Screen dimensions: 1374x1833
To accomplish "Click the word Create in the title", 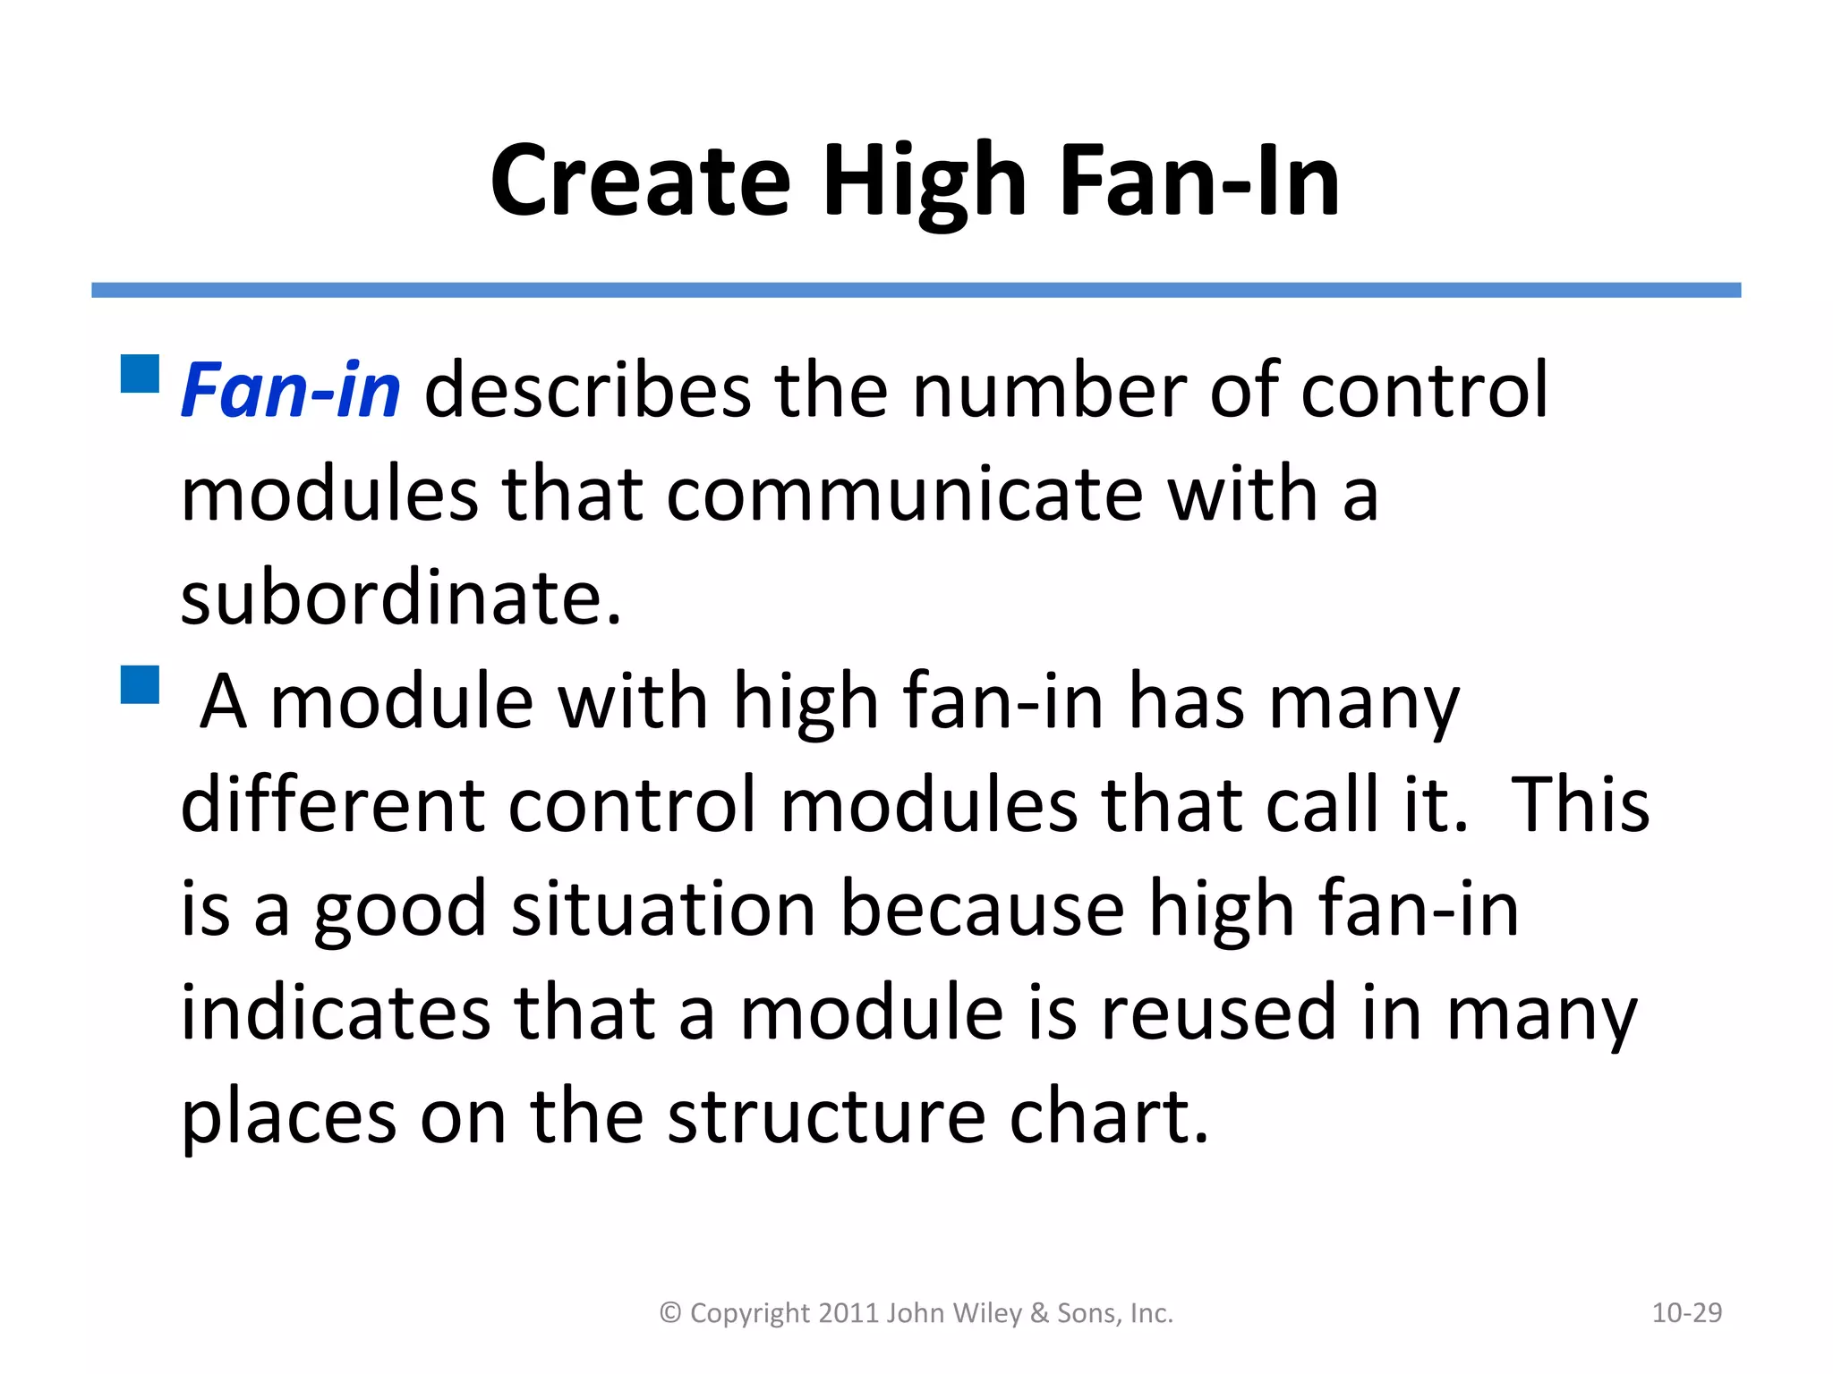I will click(x=640, y=182).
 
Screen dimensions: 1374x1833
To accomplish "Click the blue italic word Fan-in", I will click(x=291, y=391).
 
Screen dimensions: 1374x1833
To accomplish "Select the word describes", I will click(x=587, y=391).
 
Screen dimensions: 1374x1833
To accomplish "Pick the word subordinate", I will click(x=400, y=598).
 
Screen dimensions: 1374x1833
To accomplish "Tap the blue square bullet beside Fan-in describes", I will click(x=140, y=374).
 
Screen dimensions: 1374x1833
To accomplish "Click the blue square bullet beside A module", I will click(x=140, y=684).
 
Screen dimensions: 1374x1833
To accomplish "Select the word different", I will click(x=332, y=805).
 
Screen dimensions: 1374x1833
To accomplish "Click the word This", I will click(x=1580, y=805).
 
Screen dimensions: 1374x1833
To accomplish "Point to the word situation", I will click(x=662, y=909).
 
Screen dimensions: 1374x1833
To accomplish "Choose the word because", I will click(x=982, y=909).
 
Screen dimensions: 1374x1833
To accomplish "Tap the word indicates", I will click(x=336, y=1013).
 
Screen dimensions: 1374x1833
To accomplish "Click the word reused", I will click(x=1218, y=1013).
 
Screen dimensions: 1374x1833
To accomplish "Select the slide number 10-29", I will click(x=1686, y=1312).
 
